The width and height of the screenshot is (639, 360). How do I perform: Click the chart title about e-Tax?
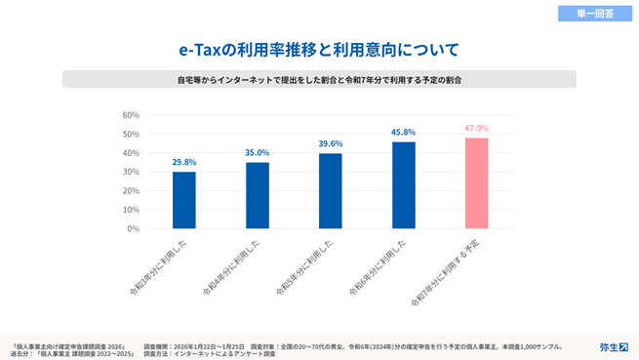point(319,48)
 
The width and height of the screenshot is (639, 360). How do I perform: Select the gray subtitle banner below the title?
point(319,79)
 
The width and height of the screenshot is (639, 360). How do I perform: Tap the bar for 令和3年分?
point(184,200)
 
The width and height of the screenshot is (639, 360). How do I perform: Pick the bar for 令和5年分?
point(331,191)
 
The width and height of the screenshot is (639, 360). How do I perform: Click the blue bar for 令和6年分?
point(404,185)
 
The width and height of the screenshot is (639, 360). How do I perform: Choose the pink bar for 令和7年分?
point(477,183)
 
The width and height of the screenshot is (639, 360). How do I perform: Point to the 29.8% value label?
point(184,162)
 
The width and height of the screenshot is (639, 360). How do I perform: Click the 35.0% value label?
point(258,152)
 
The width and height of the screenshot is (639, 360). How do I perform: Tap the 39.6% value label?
point(331,143)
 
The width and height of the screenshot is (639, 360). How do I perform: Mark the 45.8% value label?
point(404,132)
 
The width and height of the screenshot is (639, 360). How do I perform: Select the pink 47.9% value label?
point(477,128)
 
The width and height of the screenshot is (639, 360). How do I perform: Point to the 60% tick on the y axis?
point(131,115)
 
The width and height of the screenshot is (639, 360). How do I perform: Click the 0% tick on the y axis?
point(133,228)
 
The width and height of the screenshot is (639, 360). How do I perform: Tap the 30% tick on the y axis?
point(131,172)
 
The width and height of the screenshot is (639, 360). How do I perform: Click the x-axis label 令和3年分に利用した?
point(160,262)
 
